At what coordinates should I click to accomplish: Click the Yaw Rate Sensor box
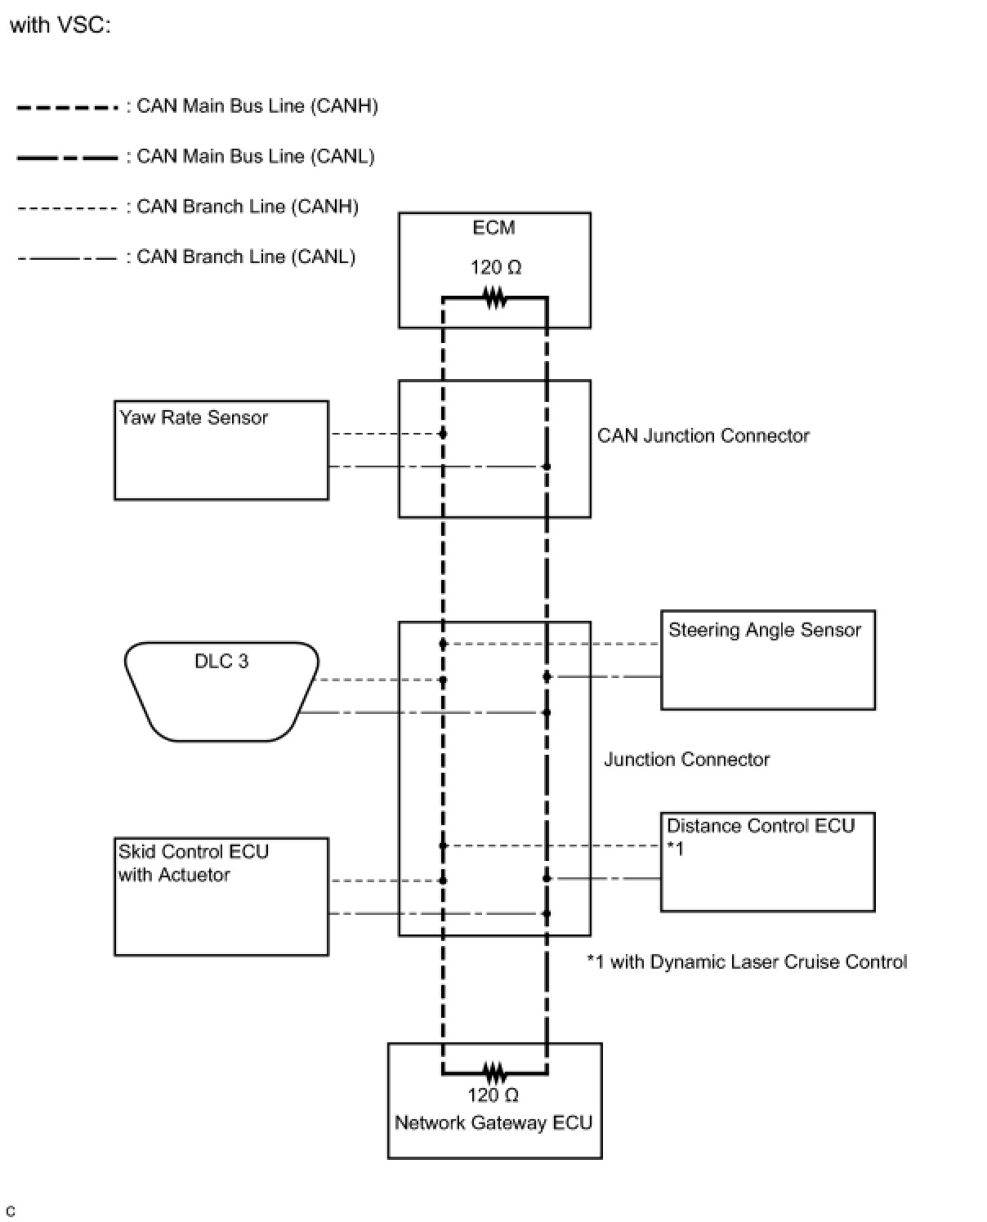(x=221, y=450)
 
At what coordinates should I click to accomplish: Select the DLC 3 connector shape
(x=221, y=691)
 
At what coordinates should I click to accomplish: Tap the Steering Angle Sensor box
(x=767, y=660)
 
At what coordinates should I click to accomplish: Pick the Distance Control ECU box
(x=767, y=862)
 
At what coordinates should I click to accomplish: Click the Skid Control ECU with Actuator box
(x=221, y=896)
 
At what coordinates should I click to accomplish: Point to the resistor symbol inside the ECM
(x=495, y=298)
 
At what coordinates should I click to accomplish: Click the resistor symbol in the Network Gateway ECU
(x=495, y=1072)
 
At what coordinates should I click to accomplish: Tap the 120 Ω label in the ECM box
(x=495, y=267)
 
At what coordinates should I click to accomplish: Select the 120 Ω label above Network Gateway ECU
(x=493, y=1095)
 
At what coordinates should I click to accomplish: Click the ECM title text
(x=493, y=228)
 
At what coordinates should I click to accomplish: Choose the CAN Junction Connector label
(x=703, y=435)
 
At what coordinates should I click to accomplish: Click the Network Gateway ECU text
(x=493, y=1122)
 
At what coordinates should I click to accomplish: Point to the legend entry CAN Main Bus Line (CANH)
(x=257, y=106)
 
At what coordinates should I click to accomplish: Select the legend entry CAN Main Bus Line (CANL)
(x=255, y=156)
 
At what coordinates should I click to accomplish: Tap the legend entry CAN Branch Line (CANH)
(x=247, y=207)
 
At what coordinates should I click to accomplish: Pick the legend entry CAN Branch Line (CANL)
(x=245, y=256)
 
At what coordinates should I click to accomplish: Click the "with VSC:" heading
(x=60, y=25)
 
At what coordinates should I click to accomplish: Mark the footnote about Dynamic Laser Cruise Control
(x=747, y=962)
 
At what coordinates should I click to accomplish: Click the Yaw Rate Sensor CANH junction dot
(x=443, y=434)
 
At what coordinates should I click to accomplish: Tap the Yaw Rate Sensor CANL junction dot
(x=547, y=466)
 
